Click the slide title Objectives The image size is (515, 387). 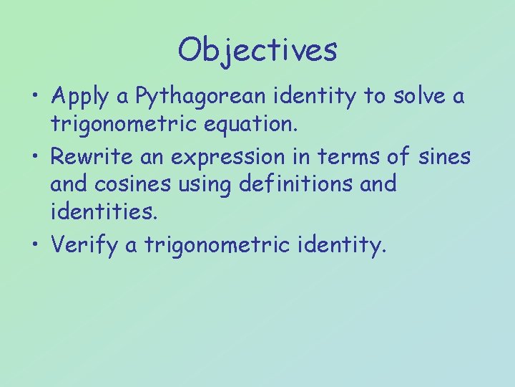point(257,50)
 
